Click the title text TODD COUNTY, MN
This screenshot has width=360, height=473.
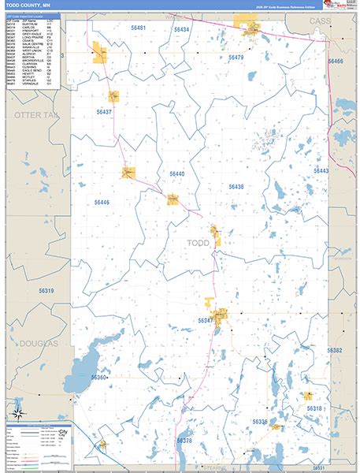[28, 6]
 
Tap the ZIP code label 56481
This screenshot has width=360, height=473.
[139, 28]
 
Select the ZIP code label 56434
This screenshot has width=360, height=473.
[182, 29]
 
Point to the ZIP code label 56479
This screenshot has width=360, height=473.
[236, 58]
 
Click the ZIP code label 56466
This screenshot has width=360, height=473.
[336, 61]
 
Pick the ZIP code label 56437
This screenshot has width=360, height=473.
[104, 112]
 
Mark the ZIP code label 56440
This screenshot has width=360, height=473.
[176, 173]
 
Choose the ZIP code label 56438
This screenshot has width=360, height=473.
[236, 187]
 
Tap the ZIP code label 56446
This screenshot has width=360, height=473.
[102, 203]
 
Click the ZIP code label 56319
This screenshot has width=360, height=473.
[46, 291]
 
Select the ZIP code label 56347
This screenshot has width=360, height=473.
[206, 321]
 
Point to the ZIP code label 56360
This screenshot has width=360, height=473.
[98, 378]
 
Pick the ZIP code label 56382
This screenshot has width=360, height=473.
[335, 350]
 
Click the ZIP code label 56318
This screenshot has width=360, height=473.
[314, 408]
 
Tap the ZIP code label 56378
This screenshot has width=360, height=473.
[184, 441]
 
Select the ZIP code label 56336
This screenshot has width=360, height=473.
[260, 423]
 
